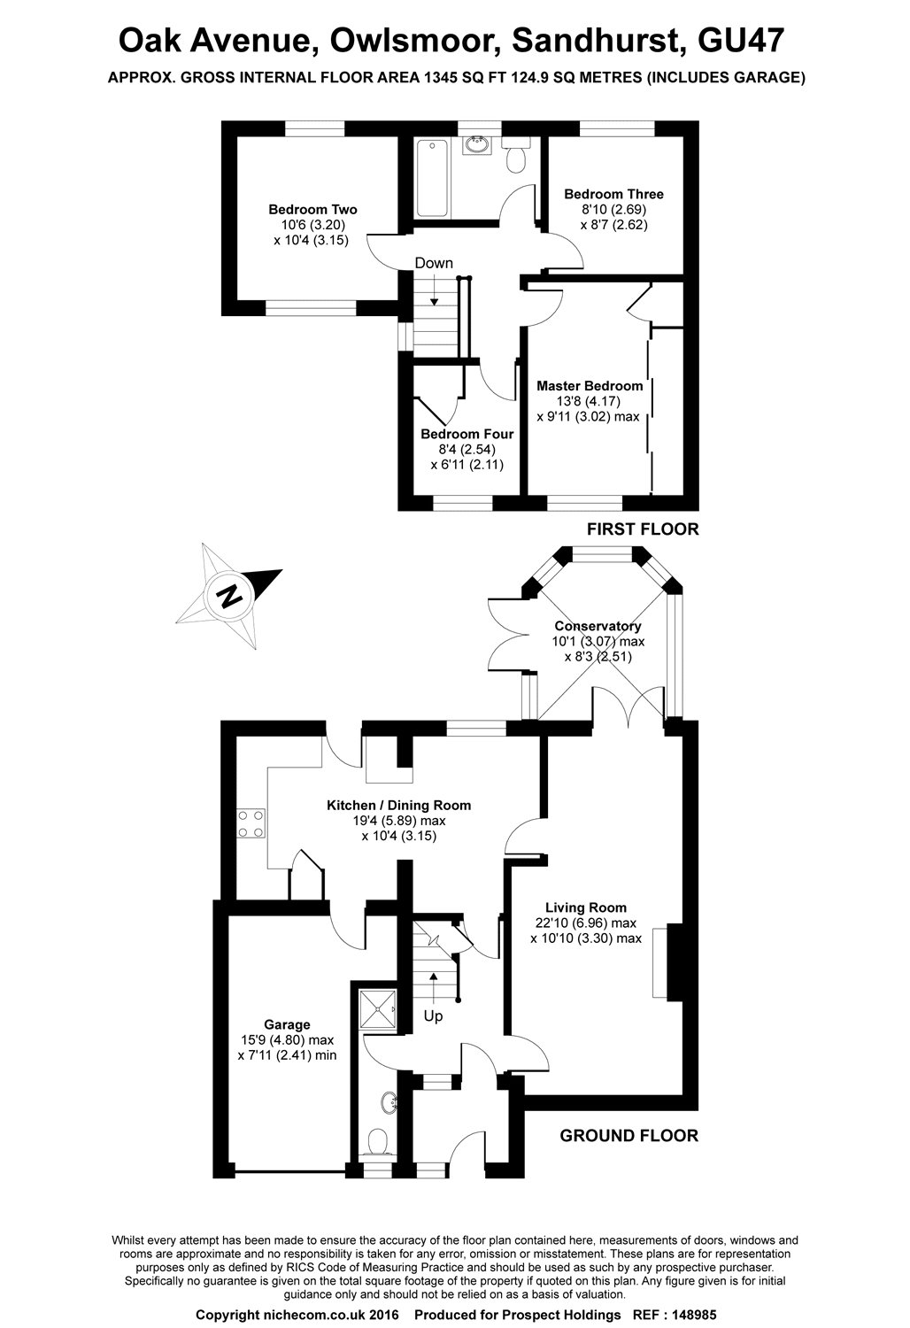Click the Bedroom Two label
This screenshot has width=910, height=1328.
point(312,210)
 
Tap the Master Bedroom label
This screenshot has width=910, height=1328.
point(590,386)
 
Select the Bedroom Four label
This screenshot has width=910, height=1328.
point(467,435)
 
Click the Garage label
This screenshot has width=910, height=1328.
point(287,1024)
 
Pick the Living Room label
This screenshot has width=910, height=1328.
point(585,907)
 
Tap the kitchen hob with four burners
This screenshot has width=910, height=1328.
point(251,823)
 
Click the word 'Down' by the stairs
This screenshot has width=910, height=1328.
point(434,263)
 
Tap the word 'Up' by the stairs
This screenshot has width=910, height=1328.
point(433,1016)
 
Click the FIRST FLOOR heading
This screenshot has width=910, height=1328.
point(643,529)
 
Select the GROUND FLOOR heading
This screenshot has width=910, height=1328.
point(629,1136)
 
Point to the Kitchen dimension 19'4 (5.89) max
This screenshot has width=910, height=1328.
point(398,821)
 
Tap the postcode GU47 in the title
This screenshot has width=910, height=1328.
point(740,41)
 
